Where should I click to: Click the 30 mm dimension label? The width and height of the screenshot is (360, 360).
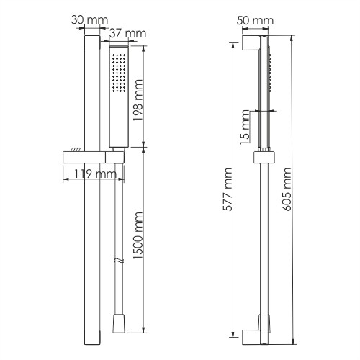(89, 20)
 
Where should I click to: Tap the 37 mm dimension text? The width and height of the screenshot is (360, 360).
(127, 34)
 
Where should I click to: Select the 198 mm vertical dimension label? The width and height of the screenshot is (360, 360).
(138, 100)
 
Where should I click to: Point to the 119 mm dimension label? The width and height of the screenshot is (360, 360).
(95, 174)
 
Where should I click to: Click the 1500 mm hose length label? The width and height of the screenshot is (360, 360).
(138, 235)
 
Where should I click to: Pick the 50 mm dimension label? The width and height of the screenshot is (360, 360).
(255, 21)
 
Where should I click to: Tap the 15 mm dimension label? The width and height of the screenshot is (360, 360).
(245, 127)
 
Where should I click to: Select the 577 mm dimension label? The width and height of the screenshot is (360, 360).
(227, 189)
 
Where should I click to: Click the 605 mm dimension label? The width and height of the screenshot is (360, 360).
(286, 189)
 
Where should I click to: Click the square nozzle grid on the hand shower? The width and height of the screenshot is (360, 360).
(119, 73)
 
